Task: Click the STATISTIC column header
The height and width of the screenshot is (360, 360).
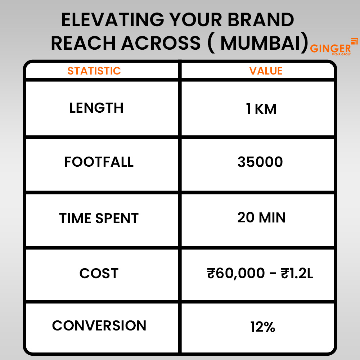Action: click(94, 71)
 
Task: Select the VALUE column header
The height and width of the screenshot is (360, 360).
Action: click(266, 71)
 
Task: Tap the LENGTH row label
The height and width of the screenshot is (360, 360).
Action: click(96, 108)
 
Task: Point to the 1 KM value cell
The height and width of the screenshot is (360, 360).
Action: click(261, 109)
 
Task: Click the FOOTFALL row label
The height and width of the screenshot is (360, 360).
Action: click(99, 162)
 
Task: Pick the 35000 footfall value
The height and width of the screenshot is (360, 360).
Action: click(260, 162)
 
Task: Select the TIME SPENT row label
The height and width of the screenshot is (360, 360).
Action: click(99, 219)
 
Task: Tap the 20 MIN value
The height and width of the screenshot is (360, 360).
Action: click(261, 217)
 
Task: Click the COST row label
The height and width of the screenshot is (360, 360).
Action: click(99, 274)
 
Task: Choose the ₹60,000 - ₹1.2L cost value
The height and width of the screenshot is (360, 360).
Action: click(260, 274)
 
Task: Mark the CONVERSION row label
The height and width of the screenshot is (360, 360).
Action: click(99, 326)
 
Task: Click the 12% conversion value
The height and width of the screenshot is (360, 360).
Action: click(262, 327)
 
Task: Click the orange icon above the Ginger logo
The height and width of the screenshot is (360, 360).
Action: click(354, 40)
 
